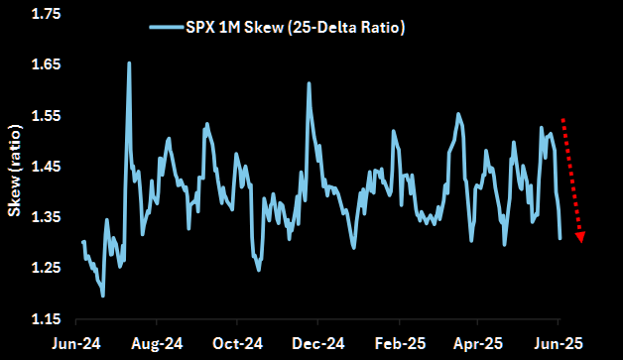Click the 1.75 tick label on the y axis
coord(42,14)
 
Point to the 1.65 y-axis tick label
coord(42,64)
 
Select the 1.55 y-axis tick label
coord(42,116)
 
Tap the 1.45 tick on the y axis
coord(42,167)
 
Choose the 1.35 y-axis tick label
coord(42,217)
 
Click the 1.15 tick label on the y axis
coord(42,319)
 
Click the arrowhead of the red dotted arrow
coord(580,237)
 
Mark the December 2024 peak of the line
coord(310,83)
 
